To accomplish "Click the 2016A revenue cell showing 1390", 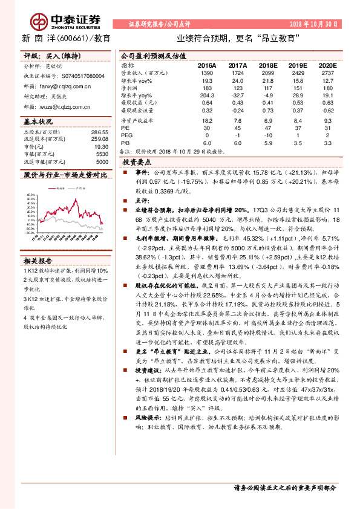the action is click(206, 72).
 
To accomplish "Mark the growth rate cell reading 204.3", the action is click(206, 96).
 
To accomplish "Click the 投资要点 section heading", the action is click(136, 163).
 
